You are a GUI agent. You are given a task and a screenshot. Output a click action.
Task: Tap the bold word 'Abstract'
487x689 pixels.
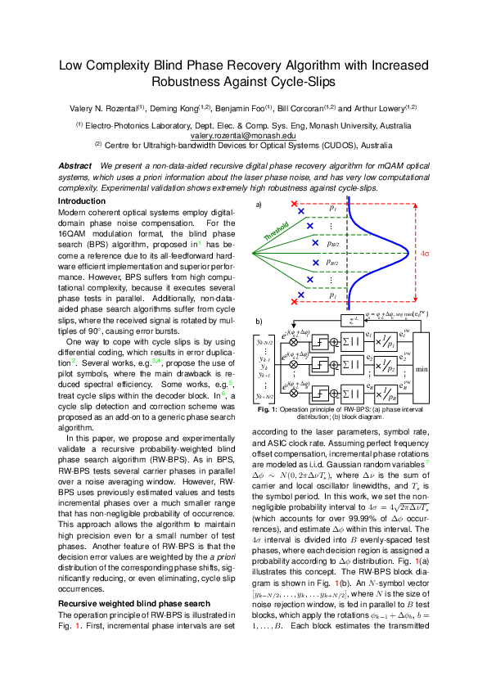click(74, 166)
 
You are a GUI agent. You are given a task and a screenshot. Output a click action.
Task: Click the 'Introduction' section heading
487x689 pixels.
click(81, 200)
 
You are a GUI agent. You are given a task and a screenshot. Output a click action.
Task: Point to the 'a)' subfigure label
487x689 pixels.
click(259, 204)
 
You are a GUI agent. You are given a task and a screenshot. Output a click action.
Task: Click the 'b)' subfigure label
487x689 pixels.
click(259, 322)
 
